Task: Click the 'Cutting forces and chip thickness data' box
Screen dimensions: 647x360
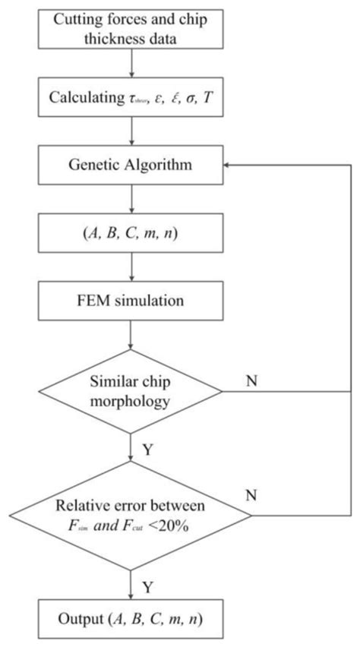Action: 132,29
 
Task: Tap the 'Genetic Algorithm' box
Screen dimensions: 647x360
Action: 132,165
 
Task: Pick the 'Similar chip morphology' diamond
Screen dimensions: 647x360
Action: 132,392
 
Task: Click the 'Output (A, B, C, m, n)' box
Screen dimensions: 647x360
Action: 132,627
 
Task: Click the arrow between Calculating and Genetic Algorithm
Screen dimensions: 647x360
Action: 132,132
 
